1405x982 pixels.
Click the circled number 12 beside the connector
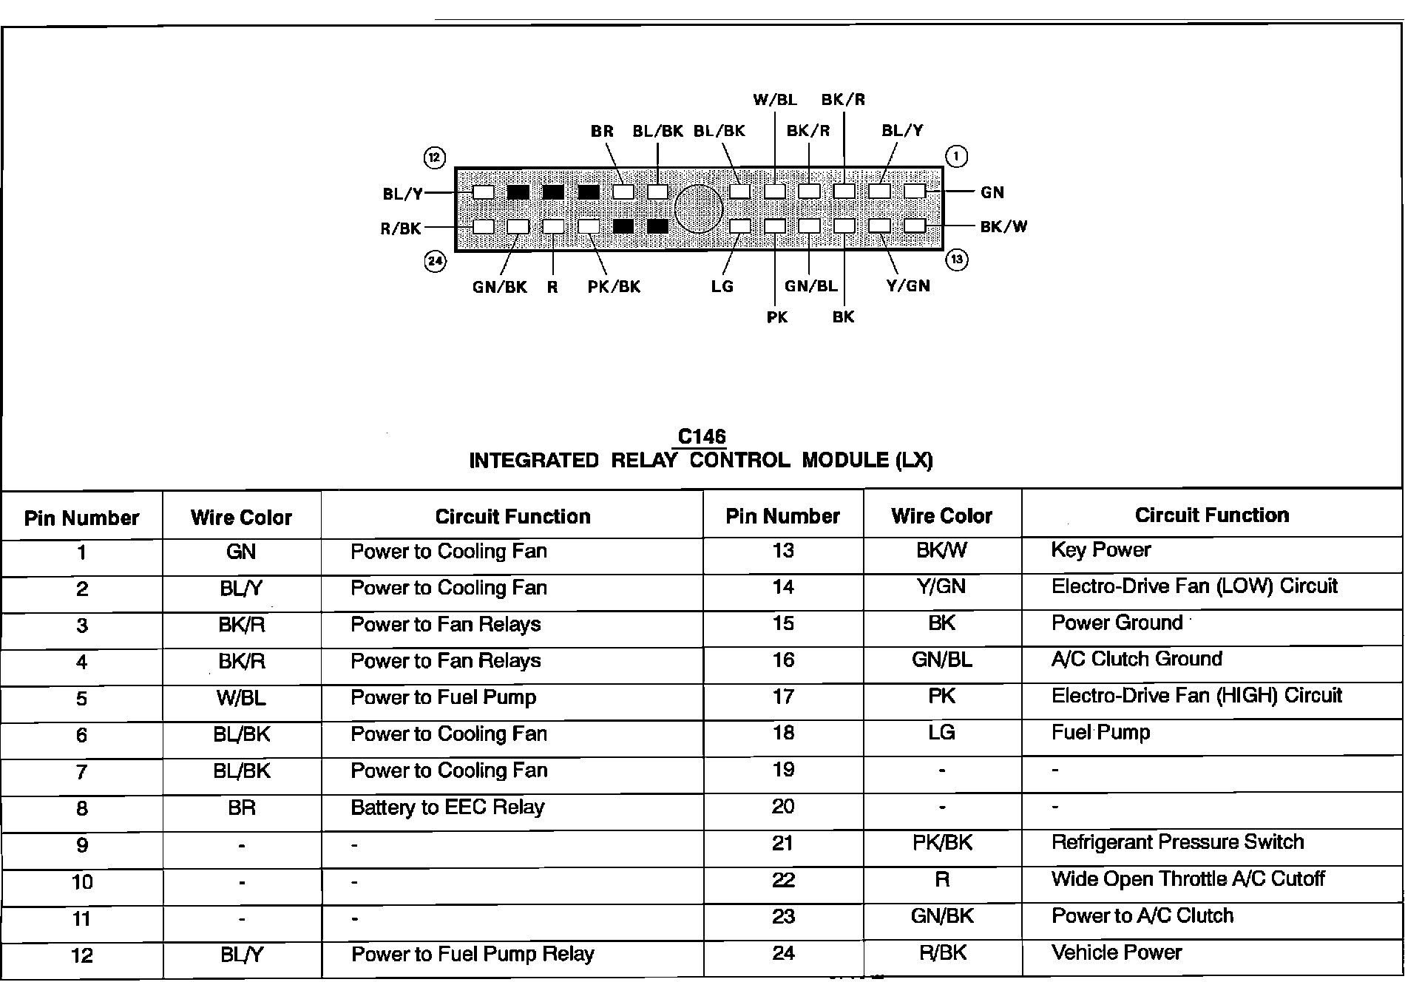click(434, 158)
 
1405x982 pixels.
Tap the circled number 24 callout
click(435, 261)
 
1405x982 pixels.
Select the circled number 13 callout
click(957, 260)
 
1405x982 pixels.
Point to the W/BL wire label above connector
click(774, 100)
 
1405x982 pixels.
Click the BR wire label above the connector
click(602, 132)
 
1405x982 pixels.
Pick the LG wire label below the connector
click(722, 286)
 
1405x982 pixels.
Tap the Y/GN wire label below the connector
click(908, 286)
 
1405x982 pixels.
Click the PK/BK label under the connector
click(614, 287)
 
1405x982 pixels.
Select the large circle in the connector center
click(698, 209)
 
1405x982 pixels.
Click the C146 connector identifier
click(702, 437)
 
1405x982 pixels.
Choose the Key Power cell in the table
click(1100, 550)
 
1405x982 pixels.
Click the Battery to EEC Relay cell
click(447, 807)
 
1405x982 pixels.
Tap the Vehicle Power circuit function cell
click(1116, 952)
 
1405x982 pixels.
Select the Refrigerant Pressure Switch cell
click(1177, 842)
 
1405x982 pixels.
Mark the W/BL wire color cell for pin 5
click(242, 698)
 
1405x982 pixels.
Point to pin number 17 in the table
click(783, 697)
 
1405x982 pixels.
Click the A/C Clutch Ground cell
click(1137, 659)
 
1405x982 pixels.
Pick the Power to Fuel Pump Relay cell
click(473, 954)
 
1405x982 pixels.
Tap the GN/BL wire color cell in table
click(941, 660)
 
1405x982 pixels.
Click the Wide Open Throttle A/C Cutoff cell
click(1188, 879)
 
